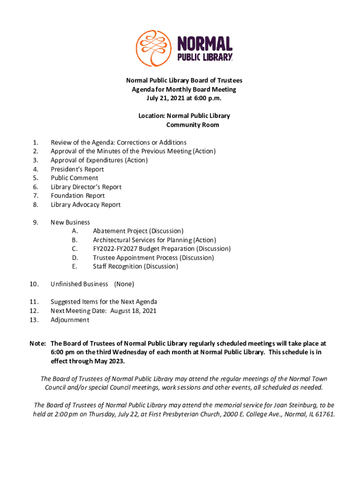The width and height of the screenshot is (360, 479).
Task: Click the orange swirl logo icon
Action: pos(153,48)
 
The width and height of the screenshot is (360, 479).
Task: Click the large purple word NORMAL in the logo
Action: pos(204,44)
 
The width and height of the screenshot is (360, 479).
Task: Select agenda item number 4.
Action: pos(36,169)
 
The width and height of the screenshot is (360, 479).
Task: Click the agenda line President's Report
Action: pos(77,169)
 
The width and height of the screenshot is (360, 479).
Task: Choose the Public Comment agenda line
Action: pos(74,178)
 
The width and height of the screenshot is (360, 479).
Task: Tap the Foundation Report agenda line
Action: pos(78,196)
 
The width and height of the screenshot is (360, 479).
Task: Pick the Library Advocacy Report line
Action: pos(86,204)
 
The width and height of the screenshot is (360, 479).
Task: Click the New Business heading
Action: pos(70,222)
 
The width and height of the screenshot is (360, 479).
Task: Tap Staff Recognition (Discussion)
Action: pos(135,267)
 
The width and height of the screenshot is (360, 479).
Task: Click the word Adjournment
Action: pos(70,320)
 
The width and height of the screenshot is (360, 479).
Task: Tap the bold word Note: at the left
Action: pos(38,343)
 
